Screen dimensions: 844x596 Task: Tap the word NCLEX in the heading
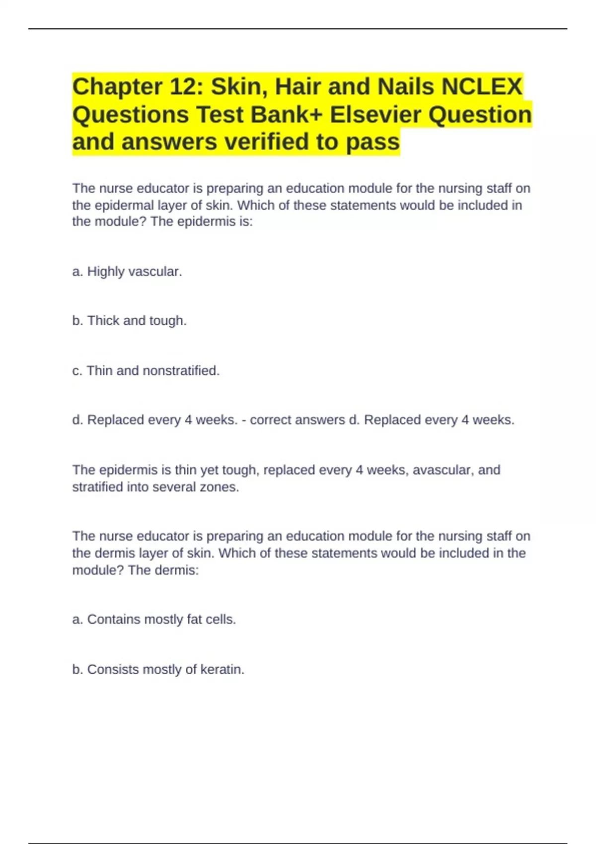482,87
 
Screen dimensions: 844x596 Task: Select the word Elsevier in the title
375,115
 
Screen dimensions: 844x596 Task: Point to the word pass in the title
372,142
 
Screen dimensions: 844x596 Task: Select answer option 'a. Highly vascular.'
127,272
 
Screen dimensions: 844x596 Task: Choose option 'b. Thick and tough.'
129,321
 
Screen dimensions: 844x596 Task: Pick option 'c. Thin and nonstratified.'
146,371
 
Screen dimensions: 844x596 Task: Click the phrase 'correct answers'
297,420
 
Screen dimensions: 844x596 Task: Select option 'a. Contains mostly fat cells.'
154,620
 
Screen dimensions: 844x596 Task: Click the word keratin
222,670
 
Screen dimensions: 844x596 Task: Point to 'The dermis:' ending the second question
163,570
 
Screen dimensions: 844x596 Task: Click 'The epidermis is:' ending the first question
202,221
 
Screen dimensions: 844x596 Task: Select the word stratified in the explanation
97,487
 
